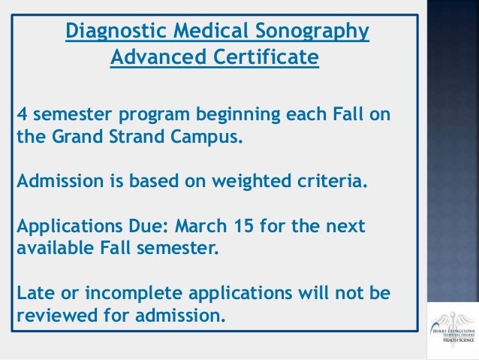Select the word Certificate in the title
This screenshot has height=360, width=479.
point(262,57)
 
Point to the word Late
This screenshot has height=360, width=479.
point(34,291)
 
